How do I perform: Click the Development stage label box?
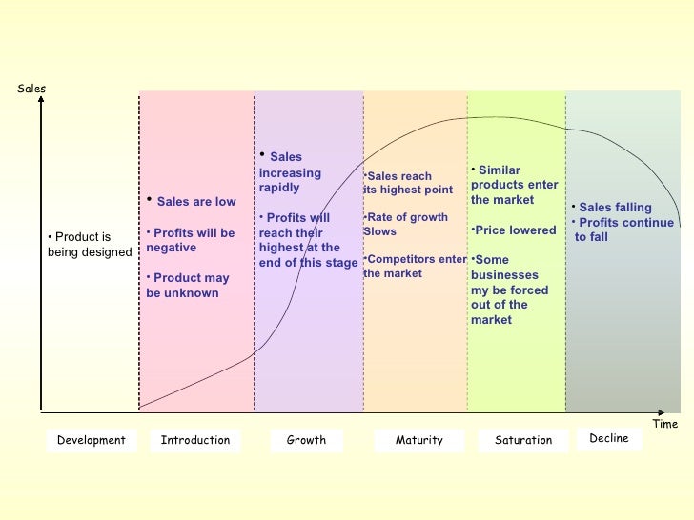(x=92, y=440)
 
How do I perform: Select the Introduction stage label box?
(x=195, y=440)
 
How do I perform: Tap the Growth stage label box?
(x=306, y=440)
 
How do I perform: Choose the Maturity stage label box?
(x=419, y=440)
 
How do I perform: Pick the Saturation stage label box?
(x=523, y=440)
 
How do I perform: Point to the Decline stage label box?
(x=609, y=438)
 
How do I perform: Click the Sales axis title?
(x=31, y=89)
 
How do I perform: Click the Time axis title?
(x=664, y=424)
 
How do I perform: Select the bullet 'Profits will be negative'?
(x=191, y=240)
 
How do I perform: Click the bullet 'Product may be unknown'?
(x=188, y=286)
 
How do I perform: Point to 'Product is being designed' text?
(x=89, y=245)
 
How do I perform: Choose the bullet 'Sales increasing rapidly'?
(x=290, y=172)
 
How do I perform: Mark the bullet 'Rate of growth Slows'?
(x=406, y=224)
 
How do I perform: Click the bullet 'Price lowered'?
(x=514, y=230)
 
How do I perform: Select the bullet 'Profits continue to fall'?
(x=623, y=230)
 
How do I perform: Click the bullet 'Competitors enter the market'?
(x=415, y=266)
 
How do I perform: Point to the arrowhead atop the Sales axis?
(x=42, y=100)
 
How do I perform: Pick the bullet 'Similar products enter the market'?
(x=515, y=185)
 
